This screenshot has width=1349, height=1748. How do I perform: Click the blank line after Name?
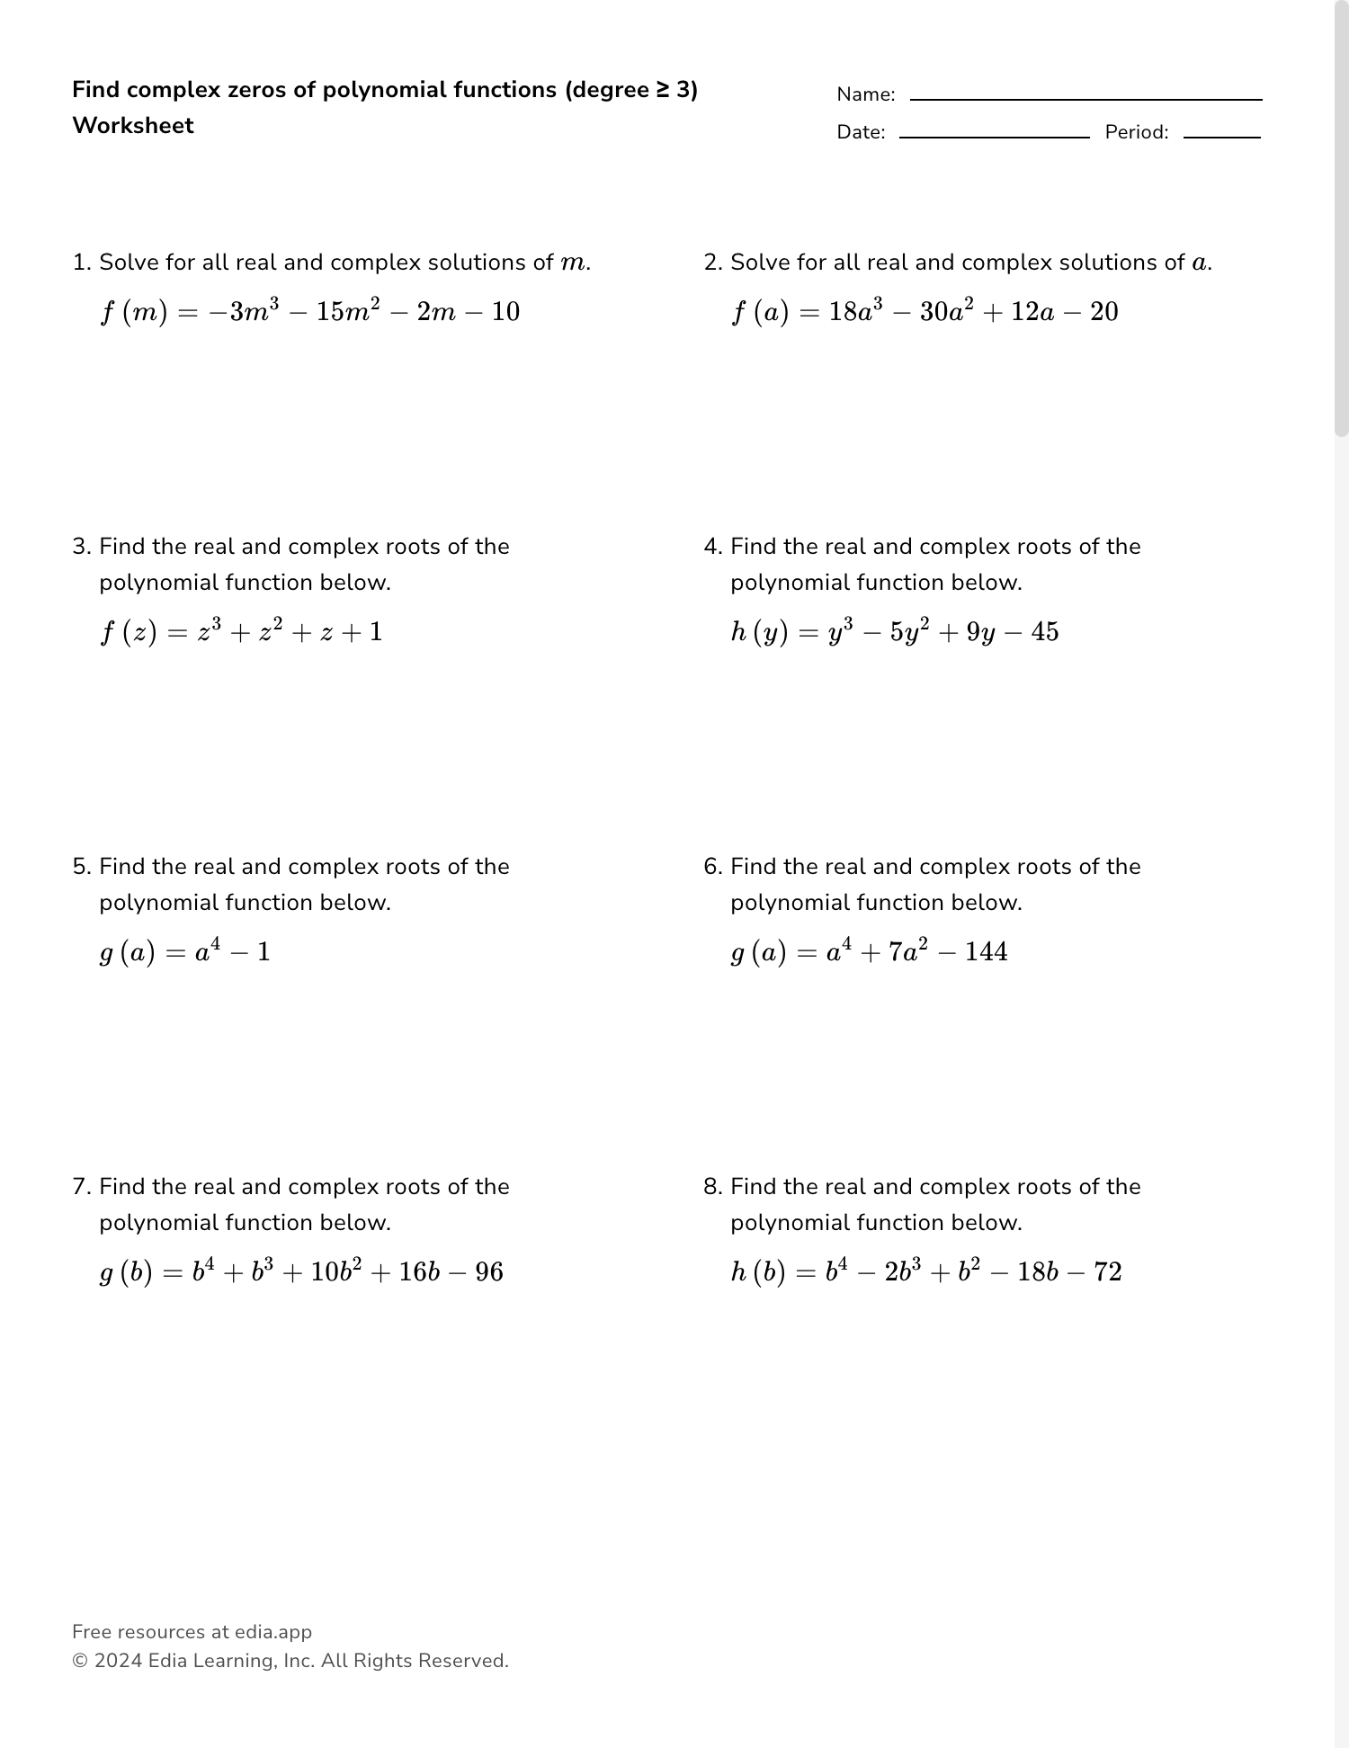pos(1085,98)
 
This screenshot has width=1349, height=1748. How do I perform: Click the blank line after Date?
pos(994,136)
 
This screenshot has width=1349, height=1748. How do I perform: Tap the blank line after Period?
pos(1221,136)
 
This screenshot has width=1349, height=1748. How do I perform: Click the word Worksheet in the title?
pos(133,126)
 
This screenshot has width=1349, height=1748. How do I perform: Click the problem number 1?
pos(81,263)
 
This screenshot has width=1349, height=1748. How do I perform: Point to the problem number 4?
pos(712,547)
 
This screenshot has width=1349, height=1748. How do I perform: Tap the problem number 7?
pos(81,1187)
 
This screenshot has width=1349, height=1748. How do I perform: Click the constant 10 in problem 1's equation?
pos(505,312)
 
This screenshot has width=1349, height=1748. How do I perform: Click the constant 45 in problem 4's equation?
pos(1044,632)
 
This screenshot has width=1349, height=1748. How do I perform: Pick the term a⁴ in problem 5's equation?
pos(207,950)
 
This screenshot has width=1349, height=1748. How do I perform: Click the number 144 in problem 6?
pos(986,952)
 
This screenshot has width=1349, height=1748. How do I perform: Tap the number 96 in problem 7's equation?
pos(488,1272)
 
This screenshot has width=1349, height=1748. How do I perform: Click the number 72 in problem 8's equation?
pos(1107,1272)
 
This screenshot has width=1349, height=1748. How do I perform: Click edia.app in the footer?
pos(273,1632)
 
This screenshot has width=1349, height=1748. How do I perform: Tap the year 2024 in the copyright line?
pos(118,1661)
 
